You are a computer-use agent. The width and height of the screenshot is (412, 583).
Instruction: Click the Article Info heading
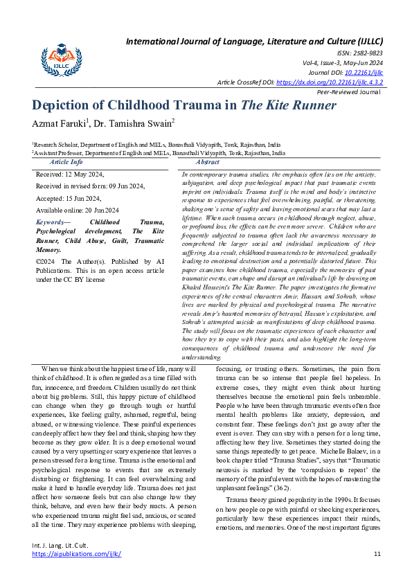66,161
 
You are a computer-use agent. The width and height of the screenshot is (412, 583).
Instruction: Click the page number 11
377,554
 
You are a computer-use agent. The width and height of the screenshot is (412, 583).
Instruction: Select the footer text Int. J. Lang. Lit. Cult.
61,546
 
